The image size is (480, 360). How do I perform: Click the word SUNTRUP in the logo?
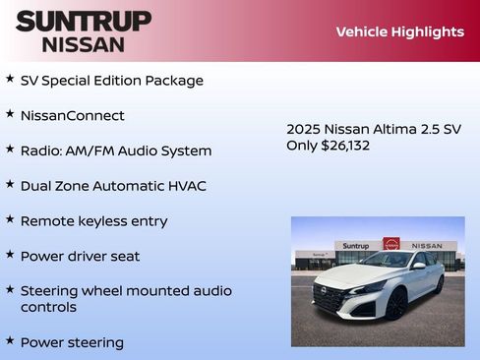coord(84,21)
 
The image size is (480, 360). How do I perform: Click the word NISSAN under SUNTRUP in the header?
coord(84,44)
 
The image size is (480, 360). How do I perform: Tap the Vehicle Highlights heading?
coord(399,31)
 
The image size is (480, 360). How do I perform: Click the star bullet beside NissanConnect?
coord(10,113)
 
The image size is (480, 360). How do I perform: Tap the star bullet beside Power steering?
coord(10,340)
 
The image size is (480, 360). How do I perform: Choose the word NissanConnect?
coord(73,116)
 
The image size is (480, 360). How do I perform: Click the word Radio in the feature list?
coord(40,151)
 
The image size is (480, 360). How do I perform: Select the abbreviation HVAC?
coord(187,186)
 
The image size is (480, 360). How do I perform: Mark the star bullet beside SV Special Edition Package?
coord(10,78)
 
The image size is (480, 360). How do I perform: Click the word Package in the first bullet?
coord(173,81)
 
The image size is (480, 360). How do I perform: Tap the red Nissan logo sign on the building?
coord(391,244)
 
